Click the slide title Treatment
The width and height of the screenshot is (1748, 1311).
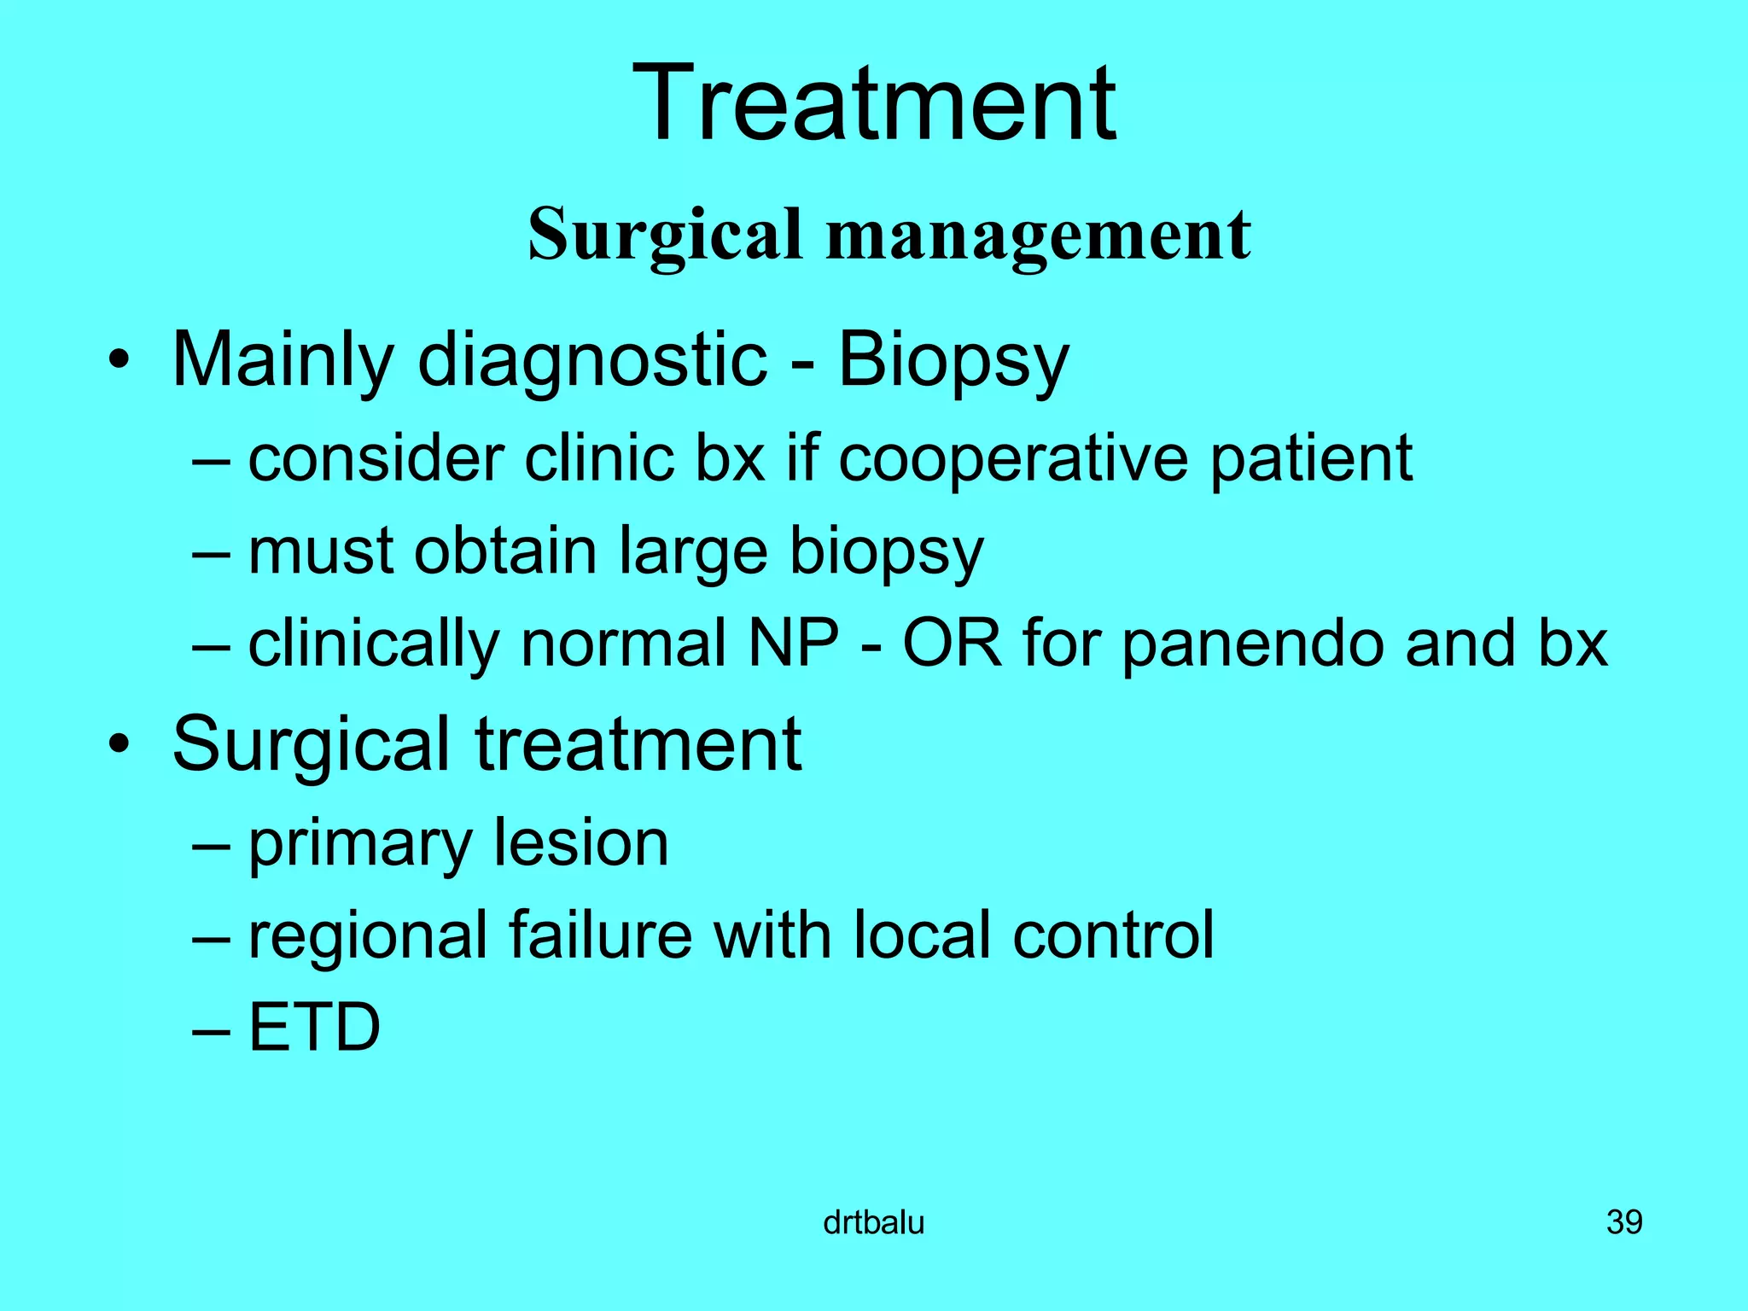[x=874, y=104]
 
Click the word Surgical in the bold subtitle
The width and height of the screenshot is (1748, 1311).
[x=666, y=235]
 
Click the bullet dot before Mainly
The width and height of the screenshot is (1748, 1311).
[x=119, y=362]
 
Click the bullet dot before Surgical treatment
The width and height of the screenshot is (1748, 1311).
[x=119, y=745]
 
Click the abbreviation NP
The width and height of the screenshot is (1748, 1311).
[x=793, y=644]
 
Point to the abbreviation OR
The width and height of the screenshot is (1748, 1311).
[x=952, y=644]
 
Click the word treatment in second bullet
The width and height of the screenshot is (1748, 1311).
[x=638, y=745]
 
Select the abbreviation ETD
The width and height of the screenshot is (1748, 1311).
[x=314, y=1028]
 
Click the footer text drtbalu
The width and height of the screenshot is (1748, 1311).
[x=873, y=1223]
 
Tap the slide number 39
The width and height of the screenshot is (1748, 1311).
[x=1624, y=1223]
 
